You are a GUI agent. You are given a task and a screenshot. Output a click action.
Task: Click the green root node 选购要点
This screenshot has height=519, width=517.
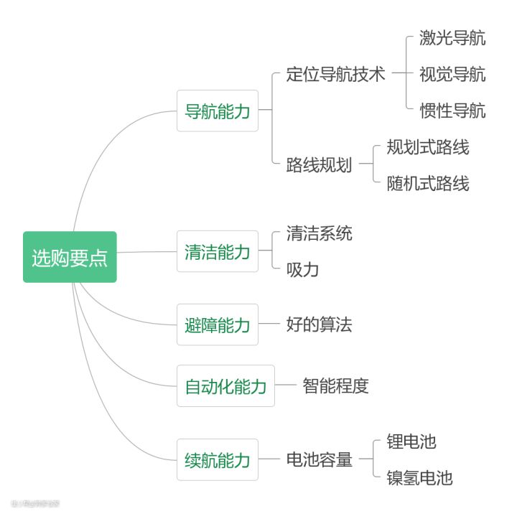point(70,257)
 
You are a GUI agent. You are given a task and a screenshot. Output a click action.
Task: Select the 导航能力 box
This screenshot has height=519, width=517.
point(218,111)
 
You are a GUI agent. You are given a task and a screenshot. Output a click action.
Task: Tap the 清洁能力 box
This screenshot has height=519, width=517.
point(218,251)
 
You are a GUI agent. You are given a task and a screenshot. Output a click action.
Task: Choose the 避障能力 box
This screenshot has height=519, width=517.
point(218,324)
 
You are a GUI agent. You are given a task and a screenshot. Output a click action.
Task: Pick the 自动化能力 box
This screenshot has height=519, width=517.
point(226,386)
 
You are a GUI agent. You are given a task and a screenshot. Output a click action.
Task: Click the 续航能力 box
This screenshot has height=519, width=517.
point(218,459)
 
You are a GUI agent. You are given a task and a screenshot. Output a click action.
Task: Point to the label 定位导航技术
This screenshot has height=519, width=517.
point(335,75)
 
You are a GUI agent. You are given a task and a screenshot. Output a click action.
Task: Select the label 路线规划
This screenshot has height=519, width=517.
point(319,164)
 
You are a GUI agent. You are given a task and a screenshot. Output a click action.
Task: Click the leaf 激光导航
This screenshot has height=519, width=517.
point(452,38)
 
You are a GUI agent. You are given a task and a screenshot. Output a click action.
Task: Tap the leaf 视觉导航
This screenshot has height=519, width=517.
point(452,75)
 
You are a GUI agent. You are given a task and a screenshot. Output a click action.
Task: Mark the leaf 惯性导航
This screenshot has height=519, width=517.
point(452,111)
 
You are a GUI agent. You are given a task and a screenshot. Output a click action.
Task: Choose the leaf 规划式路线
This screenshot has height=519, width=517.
point(427,147)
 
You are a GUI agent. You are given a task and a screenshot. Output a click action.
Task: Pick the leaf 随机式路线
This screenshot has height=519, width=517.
point(427,183)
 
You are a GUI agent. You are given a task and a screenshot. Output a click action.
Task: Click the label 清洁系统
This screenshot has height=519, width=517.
point(319,233)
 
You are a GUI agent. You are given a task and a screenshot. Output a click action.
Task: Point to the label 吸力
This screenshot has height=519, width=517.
point(302,270)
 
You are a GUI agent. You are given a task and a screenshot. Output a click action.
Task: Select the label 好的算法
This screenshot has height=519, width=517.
point(319,324)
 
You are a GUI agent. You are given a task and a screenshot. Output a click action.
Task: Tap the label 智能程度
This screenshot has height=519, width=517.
point(335,386)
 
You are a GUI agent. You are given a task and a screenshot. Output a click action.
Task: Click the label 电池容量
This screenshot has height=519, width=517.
point(319,459)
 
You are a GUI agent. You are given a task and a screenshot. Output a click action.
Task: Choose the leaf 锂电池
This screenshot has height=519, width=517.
point(411,441)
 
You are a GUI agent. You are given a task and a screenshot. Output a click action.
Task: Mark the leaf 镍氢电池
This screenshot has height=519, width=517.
point(419,477)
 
